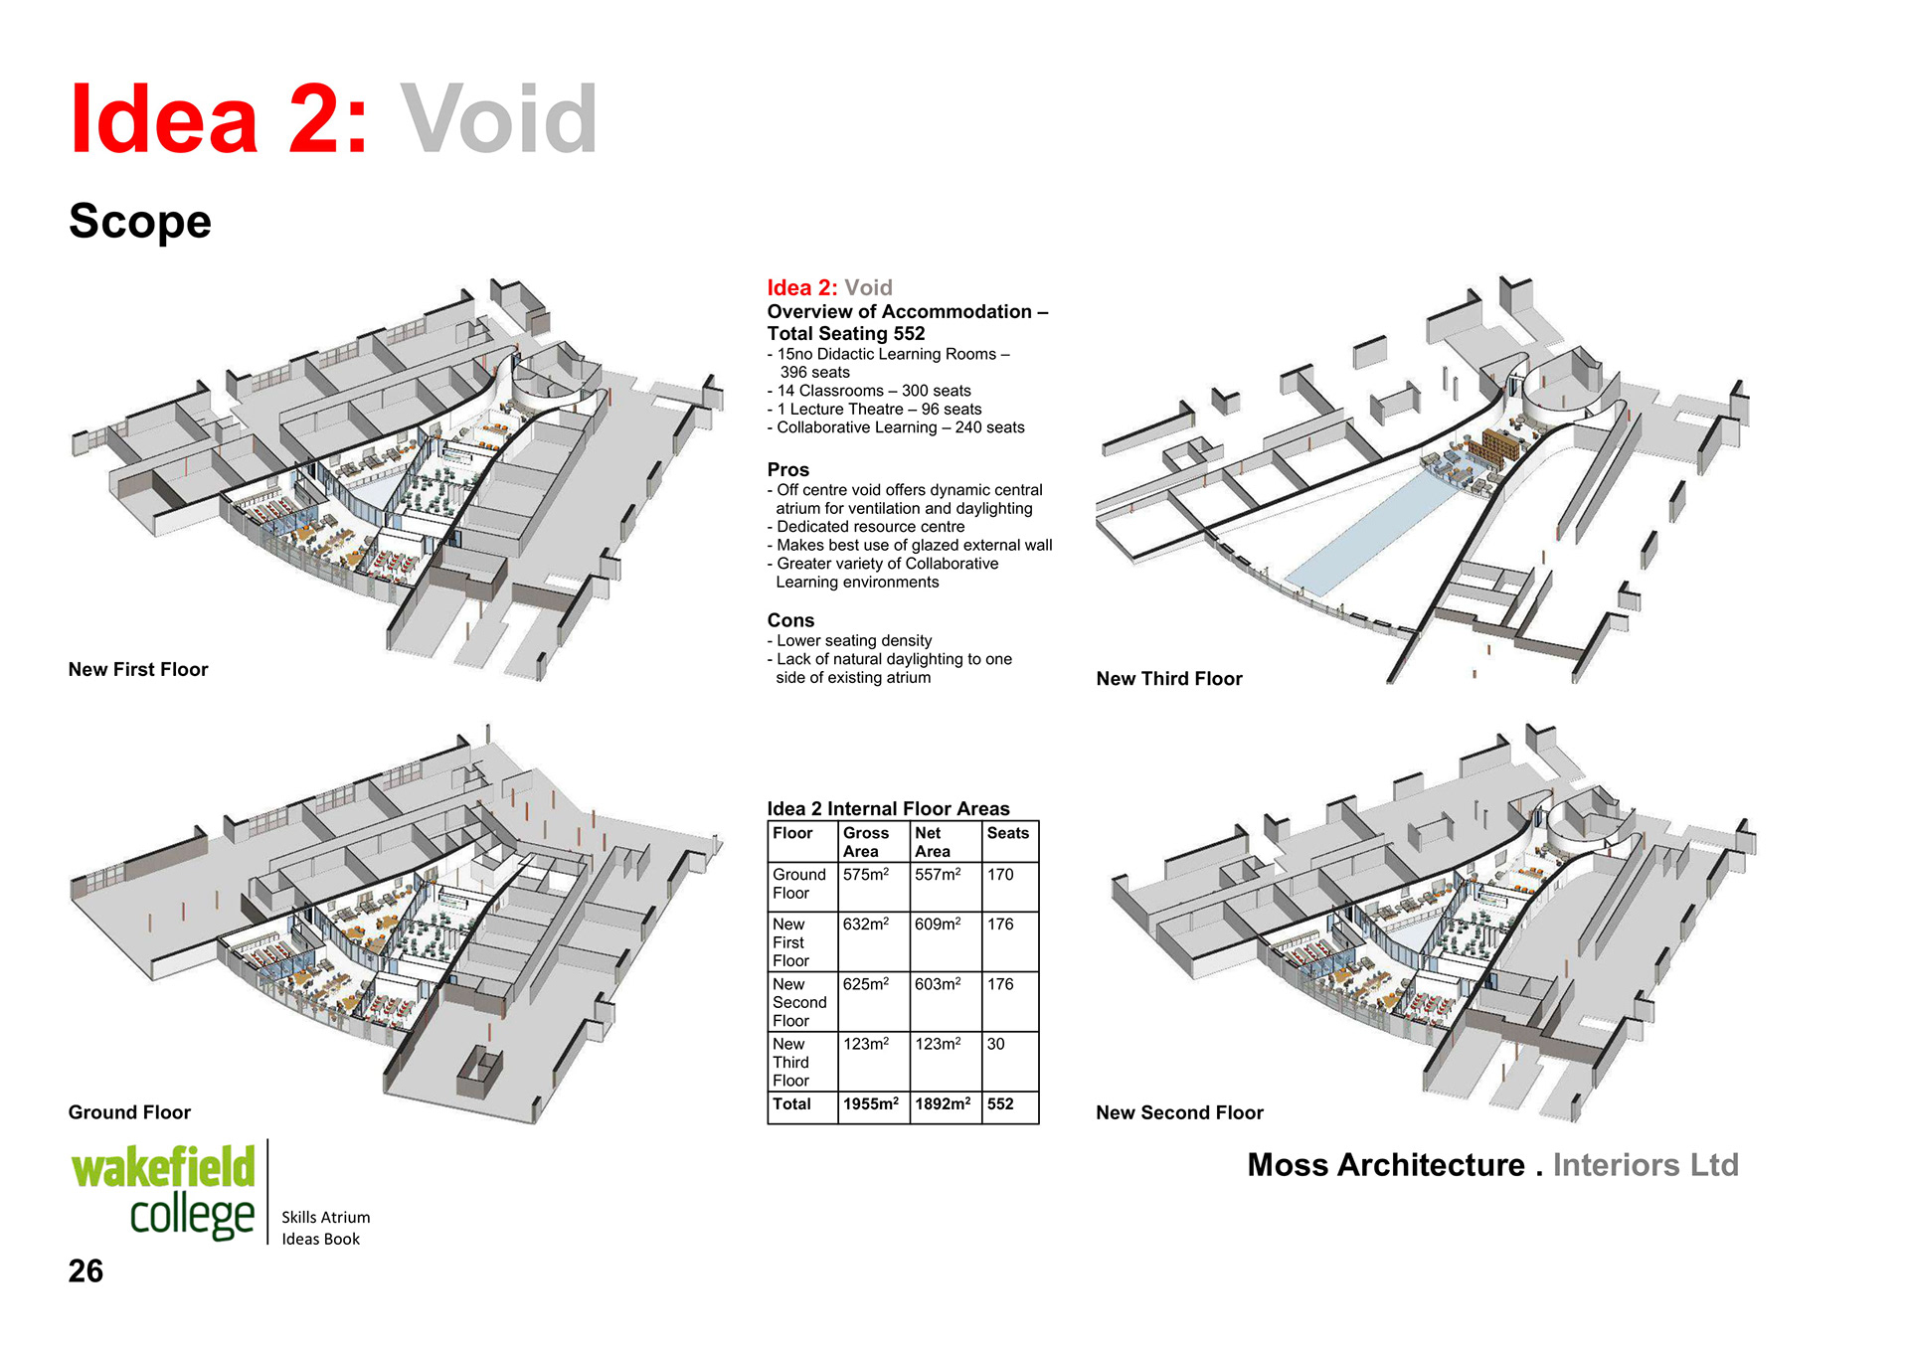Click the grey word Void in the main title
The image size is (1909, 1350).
click(498, 120)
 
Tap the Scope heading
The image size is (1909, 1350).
click(140, 221)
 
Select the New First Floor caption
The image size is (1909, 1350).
click(138, 669)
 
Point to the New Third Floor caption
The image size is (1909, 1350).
click(1168, 678)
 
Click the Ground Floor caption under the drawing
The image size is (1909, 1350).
click(129, 1111)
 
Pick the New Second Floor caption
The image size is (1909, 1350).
click(1179, 1112)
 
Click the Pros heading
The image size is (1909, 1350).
click(787, 469)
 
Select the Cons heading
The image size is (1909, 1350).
click(790, 620)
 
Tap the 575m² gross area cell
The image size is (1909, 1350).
click(865, 875)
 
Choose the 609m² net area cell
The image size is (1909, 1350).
click(938, 925)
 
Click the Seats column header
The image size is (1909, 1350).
click(1007, 833)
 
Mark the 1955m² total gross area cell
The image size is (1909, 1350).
click(871, 1103)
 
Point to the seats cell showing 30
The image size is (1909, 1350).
click(995, 1044)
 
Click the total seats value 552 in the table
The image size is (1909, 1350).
click(1000, 1103)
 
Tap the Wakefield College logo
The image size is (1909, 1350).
click(164, 1192)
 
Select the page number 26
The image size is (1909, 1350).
click(86, 1270)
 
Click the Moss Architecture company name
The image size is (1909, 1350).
click(1386, 1164)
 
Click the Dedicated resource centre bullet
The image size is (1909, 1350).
click(870, 527)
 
